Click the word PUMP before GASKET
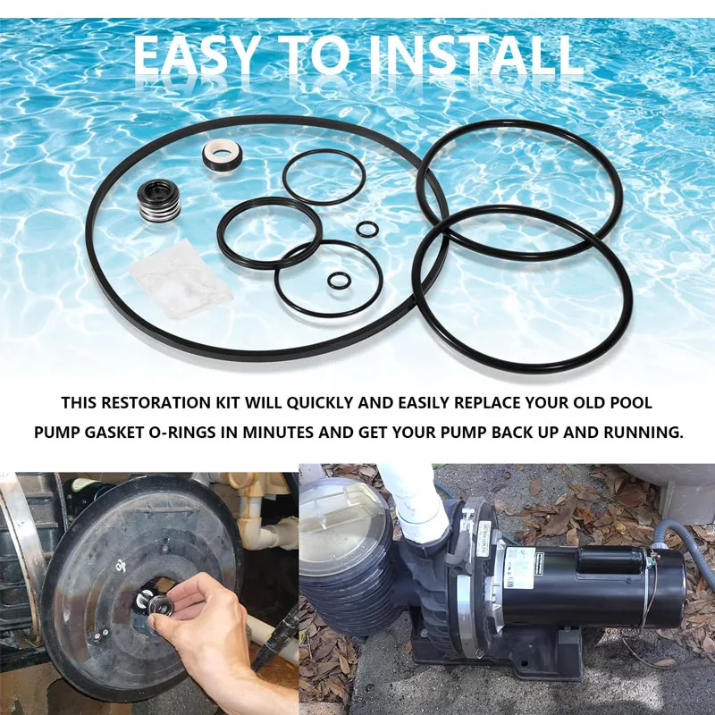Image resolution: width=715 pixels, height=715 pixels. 62,433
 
